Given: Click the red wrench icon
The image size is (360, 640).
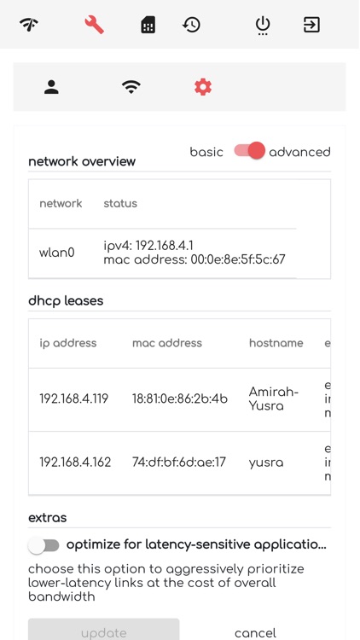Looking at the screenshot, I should tap(94, 25).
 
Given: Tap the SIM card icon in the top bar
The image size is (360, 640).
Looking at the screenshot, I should tap(148, 25).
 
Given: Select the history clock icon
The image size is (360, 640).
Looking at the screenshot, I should tap(192, 25).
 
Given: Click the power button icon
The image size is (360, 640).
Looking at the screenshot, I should tap(263, 25).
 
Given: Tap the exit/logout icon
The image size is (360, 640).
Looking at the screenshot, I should tap(312, 25).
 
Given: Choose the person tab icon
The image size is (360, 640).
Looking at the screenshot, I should tap(52, 87).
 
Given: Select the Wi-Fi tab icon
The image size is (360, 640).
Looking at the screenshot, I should tap(131, 87).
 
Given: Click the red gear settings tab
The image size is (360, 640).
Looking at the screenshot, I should tap(203, 87).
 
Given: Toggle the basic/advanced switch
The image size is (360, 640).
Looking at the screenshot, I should tap(249, 151).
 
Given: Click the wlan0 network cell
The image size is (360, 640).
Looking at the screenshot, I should tap(57, 253).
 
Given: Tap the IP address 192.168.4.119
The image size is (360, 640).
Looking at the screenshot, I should tap(74, 399).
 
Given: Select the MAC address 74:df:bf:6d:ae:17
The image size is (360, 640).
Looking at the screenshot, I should tap(179, 463).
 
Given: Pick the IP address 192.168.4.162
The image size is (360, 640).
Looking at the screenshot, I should tap(74, 463).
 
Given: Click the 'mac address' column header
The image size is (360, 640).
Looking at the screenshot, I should tap(167, 343).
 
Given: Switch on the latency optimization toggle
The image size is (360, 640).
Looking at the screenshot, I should tap(44, 544).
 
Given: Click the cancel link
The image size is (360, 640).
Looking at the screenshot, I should tap(255, 632).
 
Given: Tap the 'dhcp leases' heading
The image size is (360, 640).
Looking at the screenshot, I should tap(67, 301).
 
